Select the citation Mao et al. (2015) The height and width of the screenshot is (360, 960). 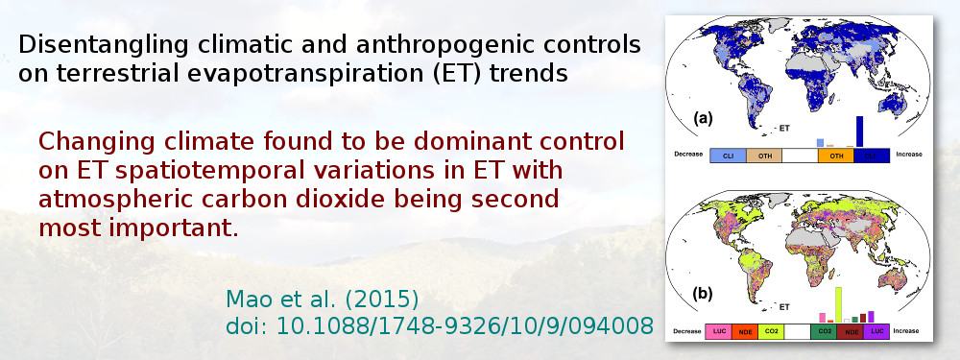pos(322,298)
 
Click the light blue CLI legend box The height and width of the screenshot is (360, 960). pos(729,155)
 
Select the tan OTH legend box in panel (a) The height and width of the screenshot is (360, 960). pos(765,155)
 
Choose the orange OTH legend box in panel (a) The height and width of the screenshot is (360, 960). pos(836,155)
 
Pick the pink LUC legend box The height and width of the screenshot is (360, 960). pos(720,331)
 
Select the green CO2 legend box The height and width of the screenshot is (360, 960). pos(823,331)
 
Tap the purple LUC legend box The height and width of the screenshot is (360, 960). pos(874,331)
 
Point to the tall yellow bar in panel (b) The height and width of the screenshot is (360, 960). pos(838,303)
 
